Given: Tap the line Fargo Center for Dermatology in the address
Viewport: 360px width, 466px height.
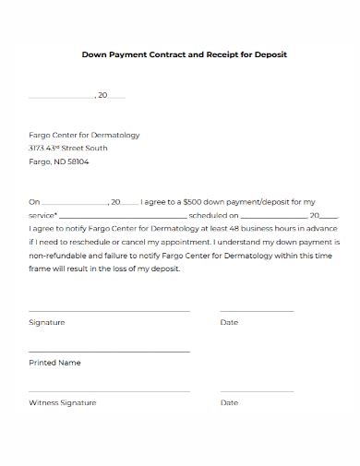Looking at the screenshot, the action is tap(84, 135).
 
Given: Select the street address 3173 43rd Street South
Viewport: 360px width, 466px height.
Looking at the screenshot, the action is tap(68, 148).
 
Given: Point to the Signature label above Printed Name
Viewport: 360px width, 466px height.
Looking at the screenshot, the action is tap(46, 322).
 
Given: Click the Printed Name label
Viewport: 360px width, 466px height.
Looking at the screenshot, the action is tap(54, 363).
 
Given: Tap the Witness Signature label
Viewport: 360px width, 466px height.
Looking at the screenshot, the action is tap(62, 403).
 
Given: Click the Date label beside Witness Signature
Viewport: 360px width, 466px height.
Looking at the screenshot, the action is tap(229, 403).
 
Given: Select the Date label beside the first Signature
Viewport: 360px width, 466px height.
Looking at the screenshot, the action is tap(229, 322).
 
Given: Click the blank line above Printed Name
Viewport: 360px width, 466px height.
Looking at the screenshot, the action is tap(109, 352).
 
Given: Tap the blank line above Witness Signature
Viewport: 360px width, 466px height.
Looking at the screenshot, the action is tap(109, 391).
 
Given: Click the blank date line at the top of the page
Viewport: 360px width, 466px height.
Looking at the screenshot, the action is tap(61, 97).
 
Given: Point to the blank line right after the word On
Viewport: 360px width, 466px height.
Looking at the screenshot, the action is tap(75, 203).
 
